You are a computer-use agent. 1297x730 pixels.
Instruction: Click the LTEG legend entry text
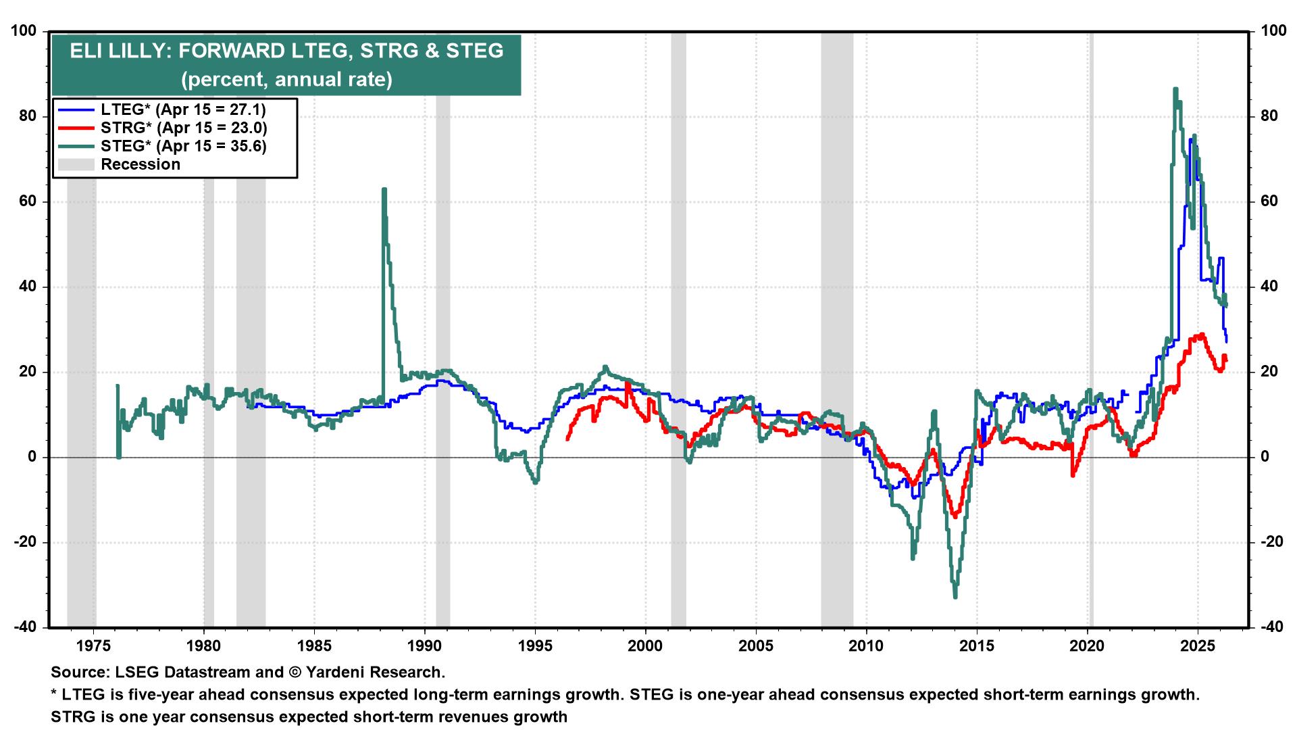[x=183, y=109]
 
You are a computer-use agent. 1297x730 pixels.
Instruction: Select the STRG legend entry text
[x=184, y=128]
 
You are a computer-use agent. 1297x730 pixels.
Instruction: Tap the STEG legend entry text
[x=184, y=146]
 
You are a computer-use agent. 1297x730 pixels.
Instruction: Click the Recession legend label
[x=141, y=164]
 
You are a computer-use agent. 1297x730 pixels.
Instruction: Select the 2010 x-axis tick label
[x=866, y=646]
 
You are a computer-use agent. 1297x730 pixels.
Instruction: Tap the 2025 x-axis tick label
[x=1198, y=646]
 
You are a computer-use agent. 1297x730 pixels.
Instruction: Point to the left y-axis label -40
[x=28, y=627]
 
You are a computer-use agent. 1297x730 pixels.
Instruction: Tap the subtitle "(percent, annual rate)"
[x=286, y=80]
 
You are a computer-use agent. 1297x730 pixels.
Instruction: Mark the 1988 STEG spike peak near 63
[x=384, y=190]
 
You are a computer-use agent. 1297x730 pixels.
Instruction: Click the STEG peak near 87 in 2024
[x=1175, y=89]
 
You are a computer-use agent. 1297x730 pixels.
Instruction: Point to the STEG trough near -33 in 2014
[x=955, y=597]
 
